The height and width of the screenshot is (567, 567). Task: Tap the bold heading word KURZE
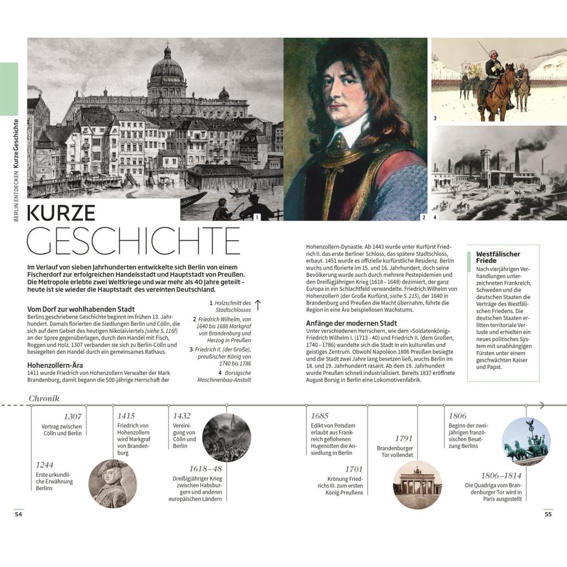(61, 213)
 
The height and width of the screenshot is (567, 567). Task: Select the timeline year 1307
(73, 416)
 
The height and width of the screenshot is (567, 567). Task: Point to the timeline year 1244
(45, 465)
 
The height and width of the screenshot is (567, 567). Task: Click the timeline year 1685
(319, 416)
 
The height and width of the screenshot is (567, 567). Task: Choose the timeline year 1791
(404, 439)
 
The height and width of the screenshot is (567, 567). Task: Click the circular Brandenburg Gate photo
(417, 485)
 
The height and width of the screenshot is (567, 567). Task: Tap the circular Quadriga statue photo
(526, 442)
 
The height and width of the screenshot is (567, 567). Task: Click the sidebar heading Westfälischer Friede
(498, 257)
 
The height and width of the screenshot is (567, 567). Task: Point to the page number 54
(18, 514)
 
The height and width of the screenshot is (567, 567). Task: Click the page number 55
(548, 514)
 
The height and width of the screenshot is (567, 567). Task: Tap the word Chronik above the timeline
(44, 399)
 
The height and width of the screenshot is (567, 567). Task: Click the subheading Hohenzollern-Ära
(55, 365)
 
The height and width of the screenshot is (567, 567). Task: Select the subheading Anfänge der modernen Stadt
(351, 323)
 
